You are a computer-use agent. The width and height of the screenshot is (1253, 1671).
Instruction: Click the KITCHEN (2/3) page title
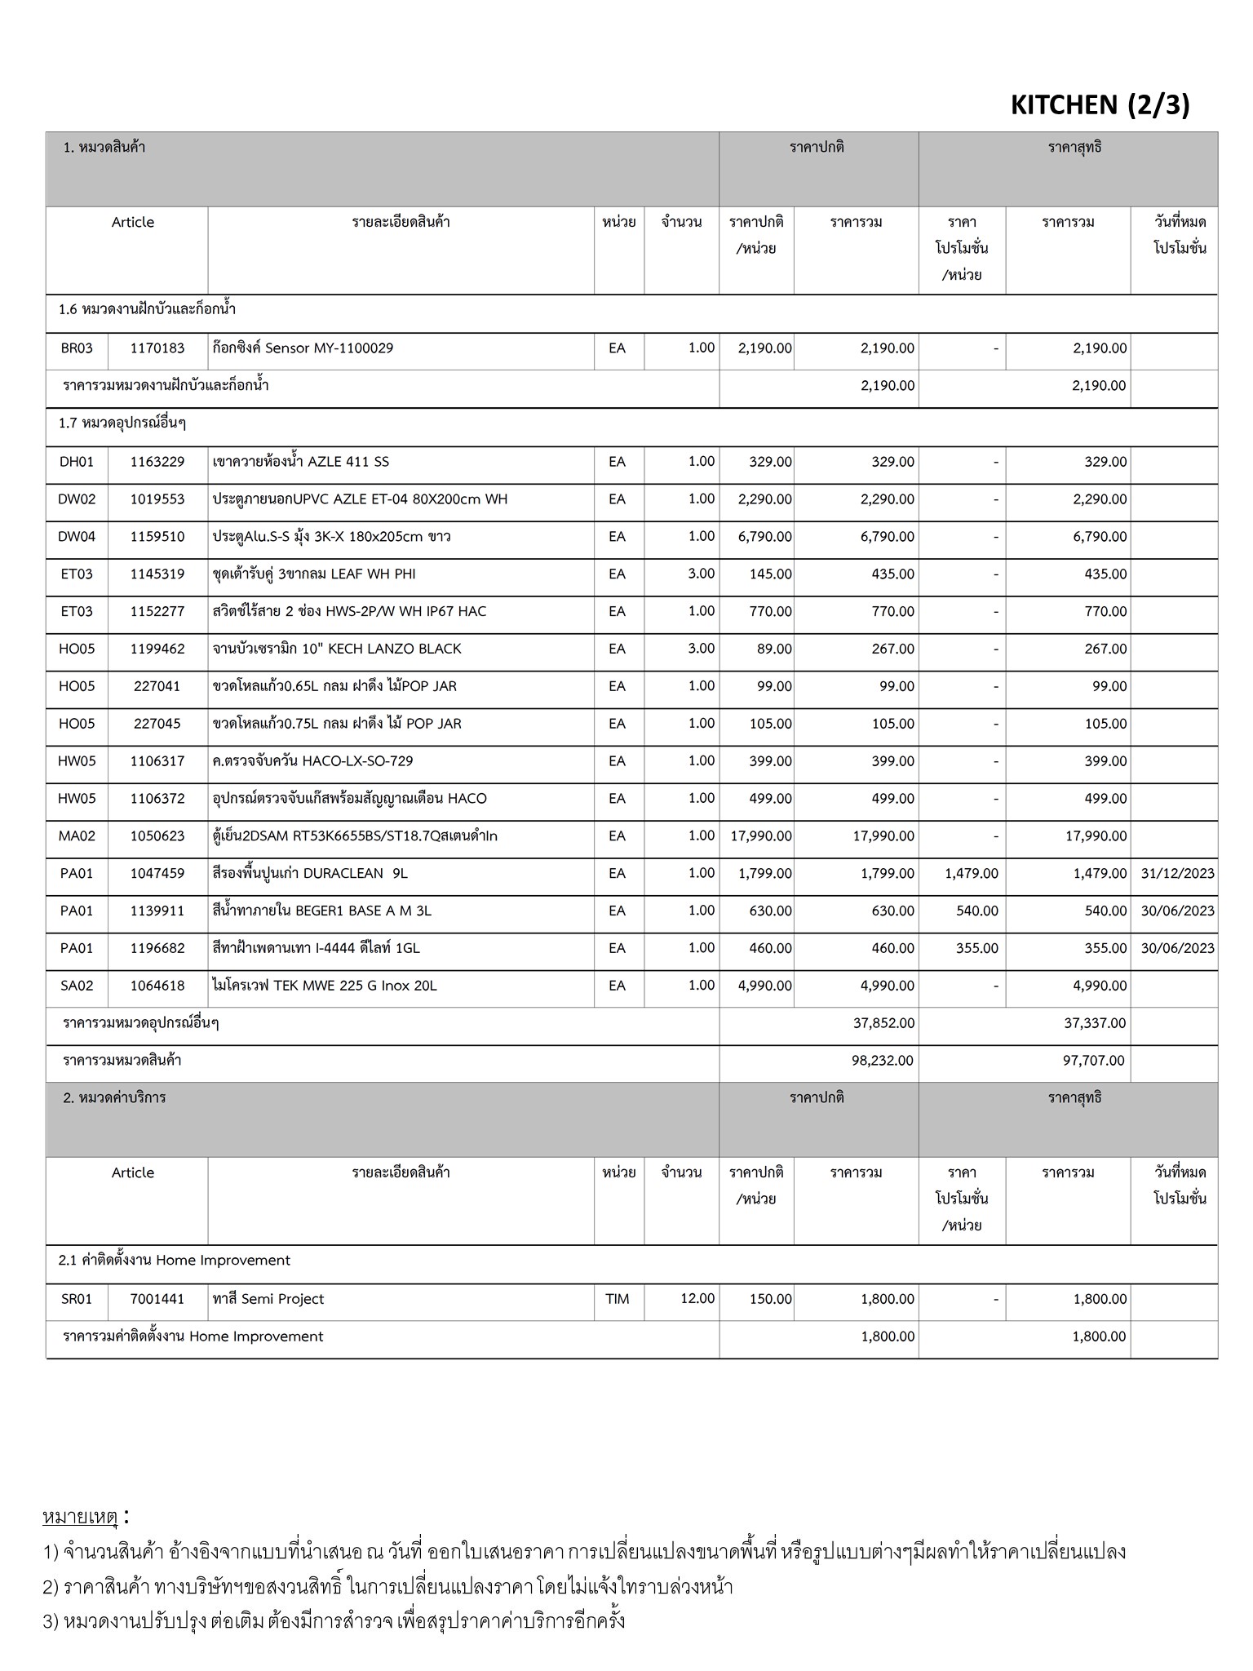pyautogui.click(x=1100, y=105)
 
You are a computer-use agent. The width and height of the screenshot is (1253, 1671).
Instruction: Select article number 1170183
pyautogui.click(x=157, y=348)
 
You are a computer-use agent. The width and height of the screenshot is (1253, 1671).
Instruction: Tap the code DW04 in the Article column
pyautogui.click(x=77, y=537)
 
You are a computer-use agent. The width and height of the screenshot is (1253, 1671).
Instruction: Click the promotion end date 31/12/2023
pyautogui.click(x=1177, y=873)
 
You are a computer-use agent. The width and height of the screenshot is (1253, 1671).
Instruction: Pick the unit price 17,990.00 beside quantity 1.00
pyautogui.click(x=755, y=836)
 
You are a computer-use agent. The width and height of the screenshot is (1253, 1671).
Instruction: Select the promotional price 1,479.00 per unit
pyautogui.click(x=971, y=873)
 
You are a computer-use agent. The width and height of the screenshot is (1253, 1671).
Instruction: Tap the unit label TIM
pyautogui.click(x=618, y=1299)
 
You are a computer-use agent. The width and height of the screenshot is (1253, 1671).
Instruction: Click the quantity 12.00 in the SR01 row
pyautogui.click(x=697, y=1298)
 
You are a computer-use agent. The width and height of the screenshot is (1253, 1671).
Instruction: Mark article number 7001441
pyautogui.click(x=157, y=1299)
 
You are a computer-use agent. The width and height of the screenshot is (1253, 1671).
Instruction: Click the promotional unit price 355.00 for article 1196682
pyautogui.click(x=977, y=948)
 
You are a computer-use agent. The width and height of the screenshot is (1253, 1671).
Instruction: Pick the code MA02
pyautogui.click(x=77, y=836)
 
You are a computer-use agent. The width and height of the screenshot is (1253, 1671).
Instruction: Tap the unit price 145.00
pyautogui.click(x=770, y=574)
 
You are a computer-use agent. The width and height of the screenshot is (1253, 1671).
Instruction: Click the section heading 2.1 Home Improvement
pyautogui.click(x=175, y=1261)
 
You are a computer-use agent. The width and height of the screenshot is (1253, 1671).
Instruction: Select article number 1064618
pyautogui.click(x=157, y=986)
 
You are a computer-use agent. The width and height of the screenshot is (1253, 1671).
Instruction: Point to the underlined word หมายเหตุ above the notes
pyautogui.click(x=80, y=1518)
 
